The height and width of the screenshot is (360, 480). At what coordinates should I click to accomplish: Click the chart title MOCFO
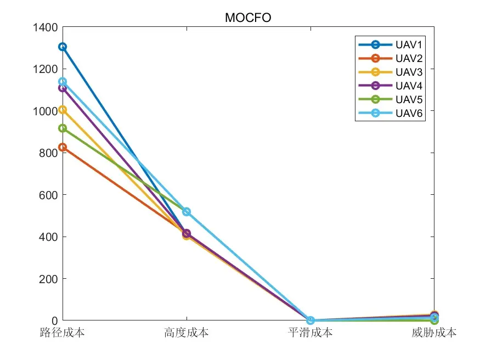pos(248,18)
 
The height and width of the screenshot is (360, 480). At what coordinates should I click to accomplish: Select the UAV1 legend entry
pos(390,44)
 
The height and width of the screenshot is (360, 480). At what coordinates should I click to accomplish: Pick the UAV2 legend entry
pos(390,58)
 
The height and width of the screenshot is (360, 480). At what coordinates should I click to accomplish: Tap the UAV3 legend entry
pos(390,72)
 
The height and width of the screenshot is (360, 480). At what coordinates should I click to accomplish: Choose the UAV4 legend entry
pos(390,86)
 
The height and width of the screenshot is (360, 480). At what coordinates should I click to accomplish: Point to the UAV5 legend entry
pos(390,99)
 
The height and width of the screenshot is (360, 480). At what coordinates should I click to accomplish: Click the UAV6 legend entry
pos(390,113)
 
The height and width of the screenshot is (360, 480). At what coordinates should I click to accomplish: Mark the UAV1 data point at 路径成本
pos(63,47)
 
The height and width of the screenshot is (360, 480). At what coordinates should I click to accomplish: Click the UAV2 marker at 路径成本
pos(63,147)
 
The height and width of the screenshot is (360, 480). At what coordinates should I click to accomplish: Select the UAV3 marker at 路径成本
pos(63,110)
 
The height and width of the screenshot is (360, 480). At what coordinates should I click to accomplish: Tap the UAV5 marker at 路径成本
pos(63,128)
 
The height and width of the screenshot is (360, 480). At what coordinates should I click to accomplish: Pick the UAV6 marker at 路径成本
pos(63,82)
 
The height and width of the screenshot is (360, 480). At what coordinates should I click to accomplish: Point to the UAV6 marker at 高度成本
pos(187,212)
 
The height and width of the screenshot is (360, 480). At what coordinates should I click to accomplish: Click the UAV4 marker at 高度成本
pos(187,234)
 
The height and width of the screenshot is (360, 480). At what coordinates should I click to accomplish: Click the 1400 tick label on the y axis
pos(46,27)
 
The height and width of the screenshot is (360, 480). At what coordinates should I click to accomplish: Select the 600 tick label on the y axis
pos(48,195)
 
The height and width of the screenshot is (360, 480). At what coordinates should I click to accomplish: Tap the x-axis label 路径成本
pos(62,333)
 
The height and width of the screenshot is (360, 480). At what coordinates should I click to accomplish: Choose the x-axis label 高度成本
pos(187,333)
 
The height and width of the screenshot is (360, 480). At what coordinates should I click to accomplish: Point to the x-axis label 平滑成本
pos(310,333)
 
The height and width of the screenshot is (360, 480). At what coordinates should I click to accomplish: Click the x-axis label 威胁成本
pos(434,333)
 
